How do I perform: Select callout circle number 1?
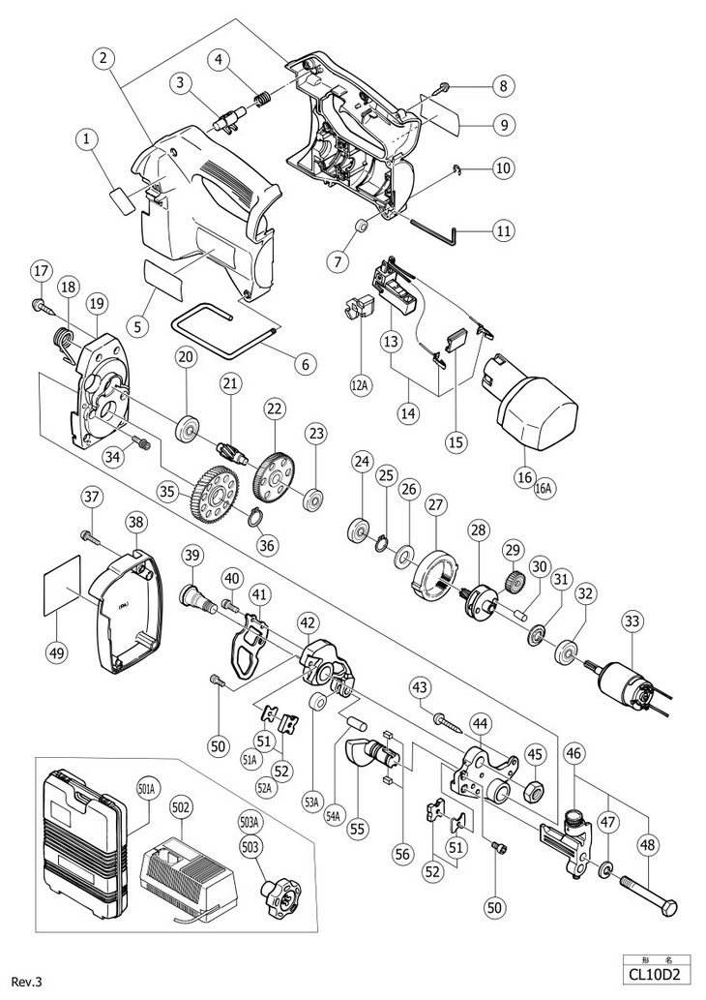click(x=87, y=142)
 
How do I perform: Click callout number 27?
click(x=435, y=504)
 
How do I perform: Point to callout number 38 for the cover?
click(x=135, y=524)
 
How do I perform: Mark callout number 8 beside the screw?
click(x=501, y=86)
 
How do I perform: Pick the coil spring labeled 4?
click(x=260, y=97)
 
